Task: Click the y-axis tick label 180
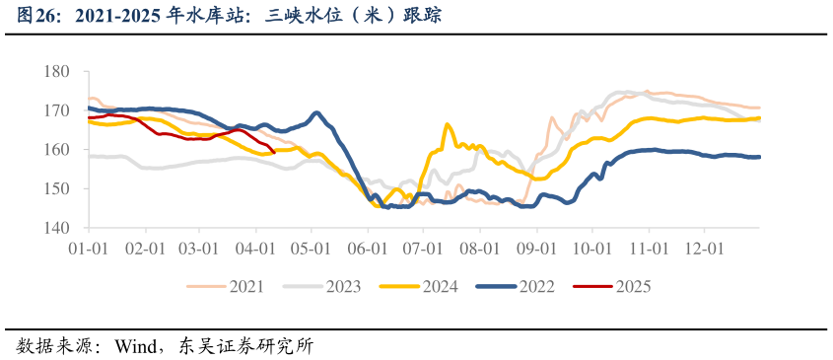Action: [56, 72]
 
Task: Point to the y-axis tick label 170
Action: [56, 110]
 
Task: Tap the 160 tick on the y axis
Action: [56, 150]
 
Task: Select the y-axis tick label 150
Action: [56, 188]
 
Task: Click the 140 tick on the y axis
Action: [56, 227]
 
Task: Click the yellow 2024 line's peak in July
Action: [447, 124]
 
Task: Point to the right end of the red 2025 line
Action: [274, 152]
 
